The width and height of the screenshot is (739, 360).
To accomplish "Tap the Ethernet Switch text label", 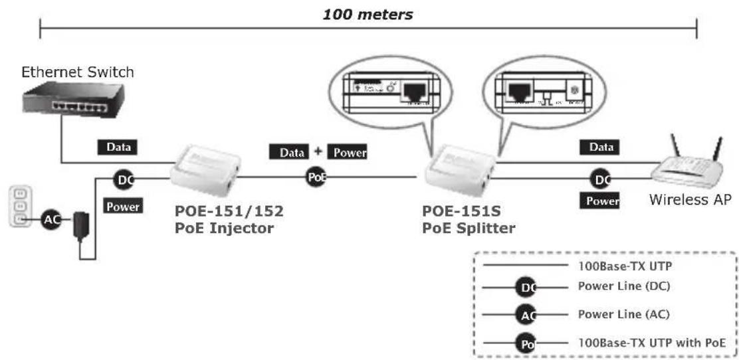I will [x=78, y=72].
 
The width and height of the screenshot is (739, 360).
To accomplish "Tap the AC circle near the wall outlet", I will [x=51, y=219].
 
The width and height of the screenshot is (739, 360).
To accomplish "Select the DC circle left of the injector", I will [x=124, y=179].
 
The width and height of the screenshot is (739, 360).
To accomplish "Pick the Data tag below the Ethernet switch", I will [x=119, y=147].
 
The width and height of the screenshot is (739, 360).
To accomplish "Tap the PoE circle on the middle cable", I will [x=317, y=177].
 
